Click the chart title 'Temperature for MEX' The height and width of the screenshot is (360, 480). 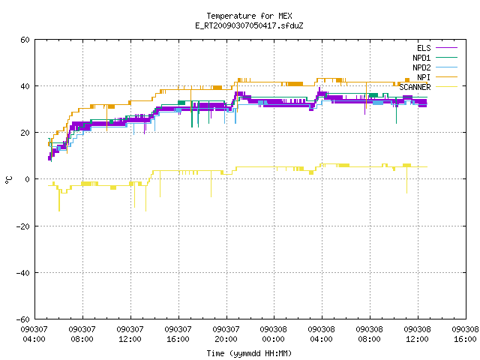249,16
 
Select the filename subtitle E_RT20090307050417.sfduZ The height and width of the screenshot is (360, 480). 249,25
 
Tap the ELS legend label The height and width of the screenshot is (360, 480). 424,48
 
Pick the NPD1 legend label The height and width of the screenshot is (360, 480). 421,58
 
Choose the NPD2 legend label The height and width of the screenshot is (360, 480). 421,67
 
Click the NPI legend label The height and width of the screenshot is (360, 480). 424,77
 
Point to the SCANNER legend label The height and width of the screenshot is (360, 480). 415,87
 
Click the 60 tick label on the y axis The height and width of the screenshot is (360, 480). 25,40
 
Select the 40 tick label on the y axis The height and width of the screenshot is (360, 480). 25,86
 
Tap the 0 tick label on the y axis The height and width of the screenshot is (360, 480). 27,179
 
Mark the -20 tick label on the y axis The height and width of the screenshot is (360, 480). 23,226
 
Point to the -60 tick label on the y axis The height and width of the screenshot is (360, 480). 23,319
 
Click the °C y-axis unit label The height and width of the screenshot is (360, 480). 8,180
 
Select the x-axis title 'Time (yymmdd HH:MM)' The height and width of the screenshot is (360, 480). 249,353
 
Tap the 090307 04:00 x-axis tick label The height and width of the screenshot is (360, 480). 34,334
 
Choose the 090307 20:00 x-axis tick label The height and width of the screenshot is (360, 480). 226,334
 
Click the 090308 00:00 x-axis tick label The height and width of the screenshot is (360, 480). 273,334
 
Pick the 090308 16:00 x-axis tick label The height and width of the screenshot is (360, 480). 465,334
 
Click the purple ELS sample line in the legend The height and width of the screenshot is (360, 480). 446,48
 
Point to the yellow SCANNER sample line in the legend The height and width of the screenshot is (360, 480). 446,87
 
